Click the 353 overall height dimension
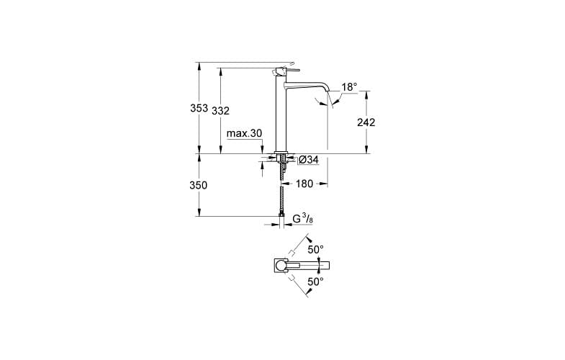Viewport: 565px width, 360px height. tap(199, 109)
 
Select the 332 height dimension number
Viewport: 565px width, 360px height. tap(221, 111)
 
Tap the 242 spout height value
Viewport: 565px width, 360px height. tap(366, 122)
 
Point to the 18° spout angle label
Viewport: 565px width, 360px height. tap(349, 87)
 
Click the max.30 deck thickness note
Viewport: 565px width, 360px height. tap(244, 133)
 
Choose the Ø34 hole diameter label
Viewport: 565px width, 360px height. tap(308, 159)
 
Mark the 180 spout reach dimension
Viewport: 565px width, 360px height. tap(304, 184)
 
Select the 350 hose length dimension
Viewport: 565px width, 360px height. tap(199, 185)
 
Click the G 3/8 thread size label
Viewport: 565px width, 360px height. tap(302, 218)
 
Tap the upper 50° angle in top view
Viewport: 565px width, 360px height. tap(315, 250)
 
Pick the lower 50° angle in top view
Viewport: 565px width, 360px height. tap(315, 282)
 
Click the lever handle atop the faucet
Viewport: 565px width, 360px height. tap(281, 70)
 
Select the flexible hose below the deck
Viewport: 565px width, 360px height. tap(281, 191)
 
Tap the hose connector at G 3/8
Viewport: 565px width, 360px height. tap(281, 214)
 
